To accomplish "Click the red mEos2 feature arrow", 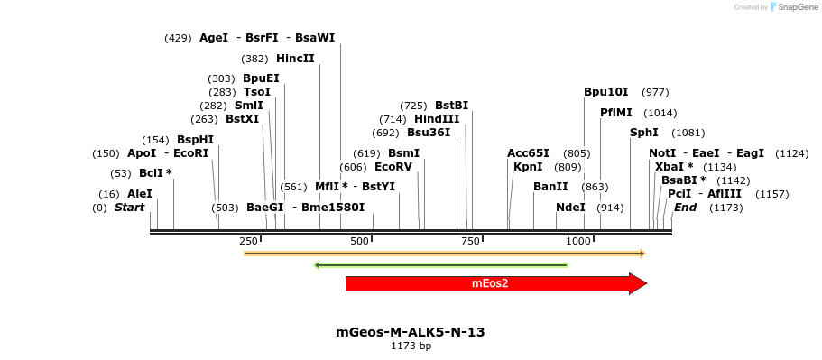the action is click(x=492, y=283).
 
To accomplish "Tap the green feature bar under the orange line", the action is click(x=440, y=265).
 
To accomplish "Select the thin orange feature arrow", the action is click(x=444, y=254).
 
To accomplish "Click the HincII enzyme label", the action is click(x=295, y=59).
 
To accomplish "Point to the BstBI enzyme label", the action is click(x=451, y=106).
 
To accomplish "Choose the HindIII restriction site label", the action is click(x=437, y=119).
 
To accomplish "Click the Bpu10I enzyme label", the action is click(x=605, y=92).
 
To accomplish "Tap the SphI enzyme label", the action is click(x=643, y=133).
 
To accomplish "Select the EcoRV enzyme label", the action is click(x=393, y=167).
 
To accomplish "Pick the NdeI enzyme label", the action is click(x=570, y=208).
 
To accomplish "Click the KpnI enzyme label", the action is click(x=528, y=167).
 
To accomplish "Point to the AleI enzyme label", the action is click(x=140, y=194).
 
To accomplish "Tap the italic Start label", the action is click(x=129, y=208).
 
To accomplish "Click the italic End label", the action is click(x=685, y=208).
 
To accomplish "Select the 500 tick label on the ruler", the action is click(x=359, y=241).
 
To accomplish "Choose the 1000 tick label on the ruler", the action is click(x=578, y=241).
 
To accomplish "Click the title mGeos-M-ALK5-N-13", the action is click(x=410, y=332).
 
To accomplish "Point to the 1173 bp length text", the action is click(x=411, y=346).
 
